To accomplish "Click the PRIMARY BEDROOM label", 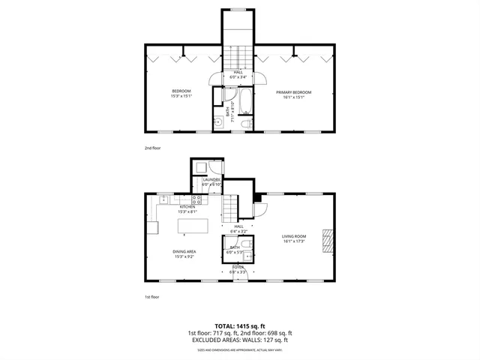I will click(x=293, y=92).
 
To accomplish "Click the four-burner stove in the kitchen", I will click(x=196, y=199).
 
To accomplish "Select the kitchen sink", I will click(x=163, y=199).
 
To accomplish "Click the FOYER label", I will click(x=238, y=266).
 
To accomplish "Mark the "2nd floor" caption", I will click(x=152, y=148).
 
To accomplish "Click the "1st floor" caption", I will click(x=152, y=297).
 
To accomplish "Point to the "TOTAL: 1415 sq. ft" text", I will click(x=240, y=326).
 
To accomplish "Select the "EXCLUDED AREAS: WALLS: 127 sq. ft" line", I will click(x=240, y=340).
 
